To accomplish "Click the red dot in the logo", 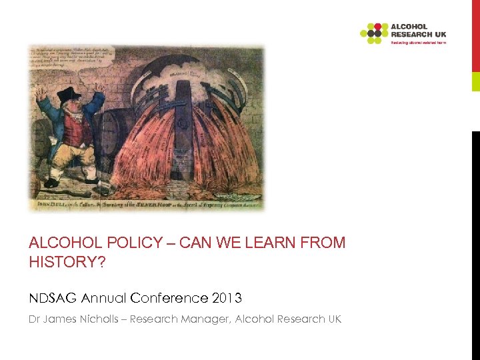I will click(x=377, y=27).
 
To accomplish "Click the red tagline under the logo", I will click(x=418, y=42).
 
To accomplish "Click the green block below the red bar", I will click(x=475, y=81).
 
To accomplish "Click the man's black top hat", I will click(x=69, y=95).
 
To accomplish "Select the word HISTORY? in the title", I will click(x=67, y=262).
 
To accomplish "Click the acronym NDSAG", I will click(x=51, y=297).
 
